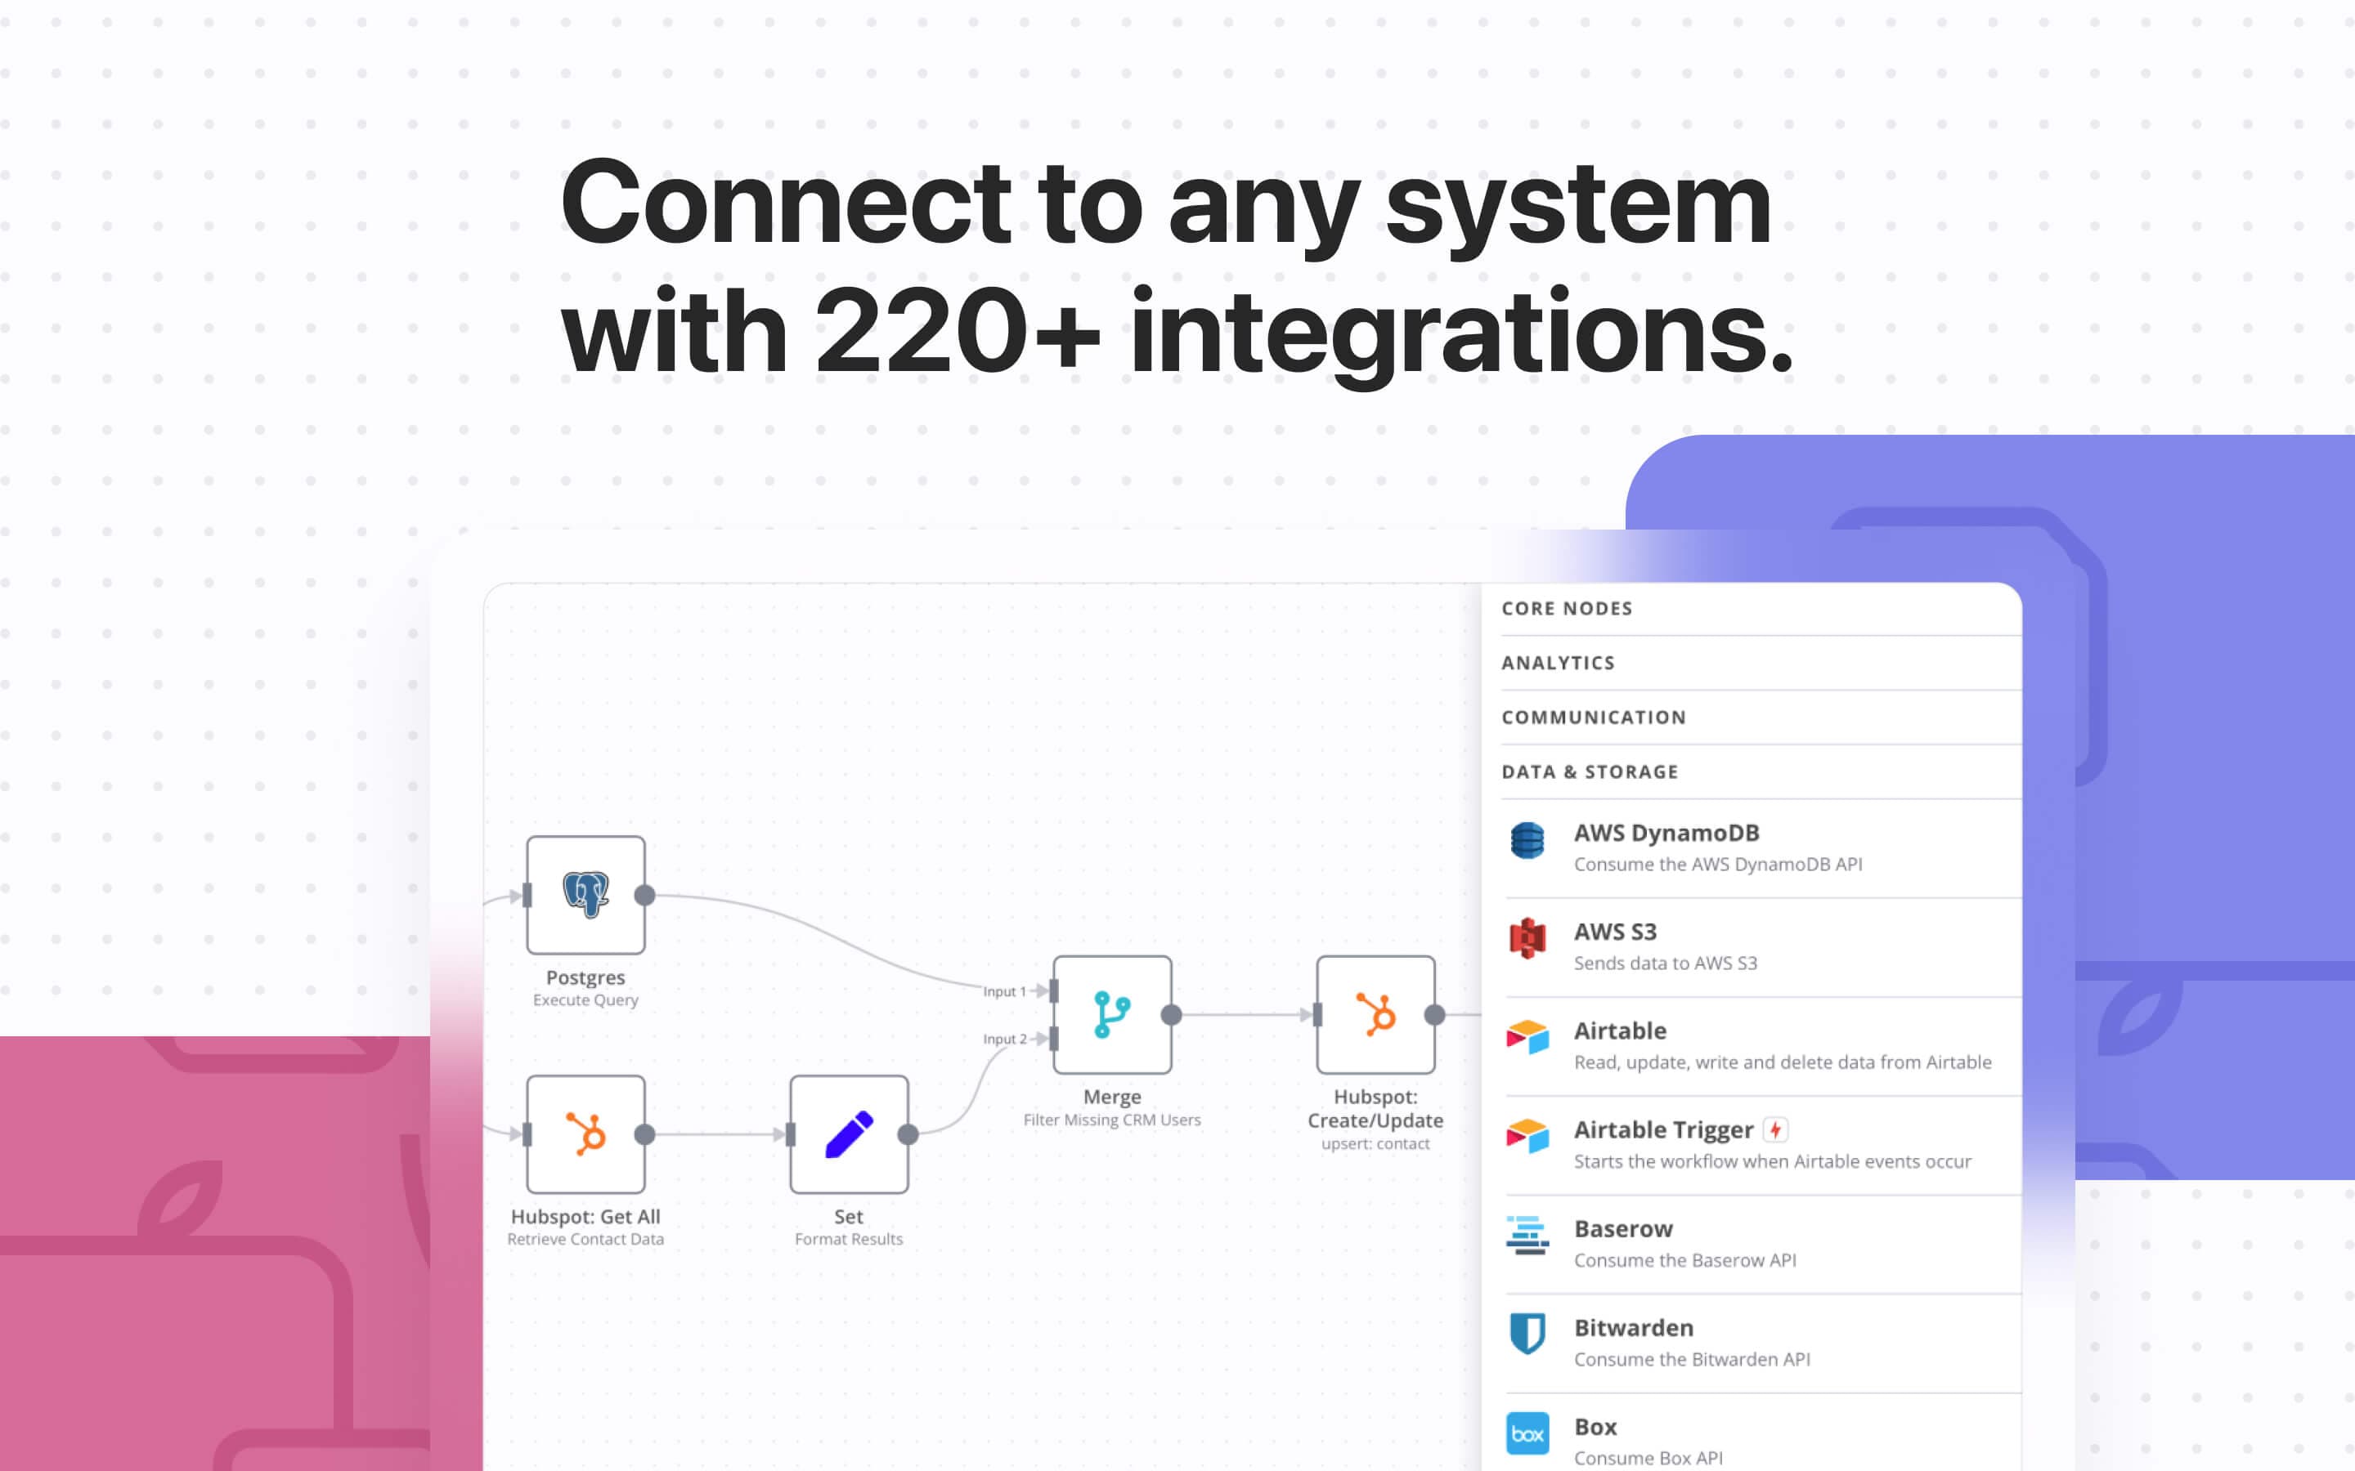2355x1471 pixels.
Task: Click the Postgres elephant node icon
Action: click(585, 895)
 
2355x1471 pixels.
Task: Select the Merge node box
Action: click(1112, 1015)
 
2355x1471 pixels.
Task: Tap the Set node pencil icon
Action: click(849, 1134)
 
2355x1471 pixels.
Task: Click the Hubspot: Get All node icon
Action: click(585, 1134)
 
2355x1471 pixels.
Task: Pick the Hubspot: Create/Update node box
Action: click(1375, 1015)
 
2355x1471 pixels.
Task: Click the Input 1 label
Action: click(1004, 991)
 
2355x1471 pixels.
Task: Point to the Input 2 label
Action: click(1005, 1039)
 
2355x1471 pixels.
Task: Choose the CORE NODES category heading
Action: click(1567, 608)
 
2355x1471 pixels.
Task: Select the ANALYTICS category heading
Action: click(1558, 663)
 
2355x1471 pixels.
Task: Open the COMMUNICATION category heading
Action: click(1594, 717)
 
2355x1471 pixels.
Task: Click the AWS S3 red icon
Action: click(1527, 939)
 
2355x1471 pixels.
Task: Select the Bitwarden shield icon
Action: click(1527, 1334)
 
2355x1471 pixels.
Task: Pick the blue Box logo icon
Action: click(1527, 1433)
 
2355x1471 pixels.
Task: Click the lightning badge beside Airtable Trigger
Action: click(1776, 1129)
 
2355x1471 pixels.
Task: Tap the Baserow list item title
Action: click(1623, 1229)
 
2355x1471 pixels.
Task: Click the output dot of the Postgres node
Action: click(644, 895)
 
